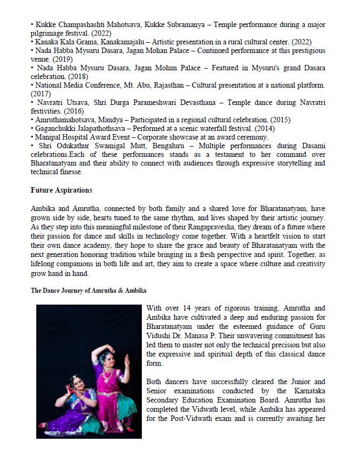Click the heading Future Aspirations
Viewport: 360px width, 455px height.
(62, 190)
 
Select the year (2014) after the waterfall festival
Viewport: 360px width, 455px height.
(265, 128)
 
